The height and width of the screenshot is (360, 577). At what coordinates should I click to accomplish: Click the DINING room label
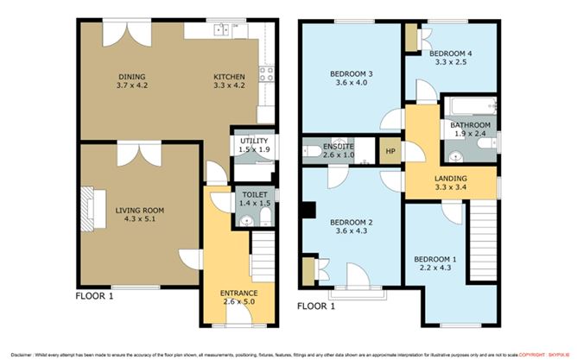tap(131, 76)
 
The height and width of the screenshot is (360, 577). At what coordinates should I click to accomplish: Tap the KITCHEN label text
tap(229, 76)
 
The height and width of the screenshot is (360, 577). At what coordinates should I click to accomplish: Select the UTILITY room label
tap(253, 141)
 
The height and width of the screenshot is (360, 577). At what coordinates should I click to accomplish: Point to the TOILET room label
tap(254, 195)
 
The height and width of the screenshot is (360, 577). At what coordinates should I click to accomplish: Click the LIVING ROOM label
tap(140, 210)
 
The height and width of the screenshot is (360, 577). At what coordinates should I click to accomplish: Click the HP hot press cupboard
tap(390, 150)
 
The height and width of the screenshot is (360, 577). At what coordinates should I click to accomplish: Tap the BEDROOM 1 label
tap(434, 259)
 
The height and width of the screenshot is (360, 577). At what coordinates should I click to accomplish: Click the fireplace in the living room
tap(89, 210)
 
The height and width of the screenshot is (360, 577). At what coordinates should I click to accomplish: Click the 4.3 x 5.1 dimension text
tap(140, 219)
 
